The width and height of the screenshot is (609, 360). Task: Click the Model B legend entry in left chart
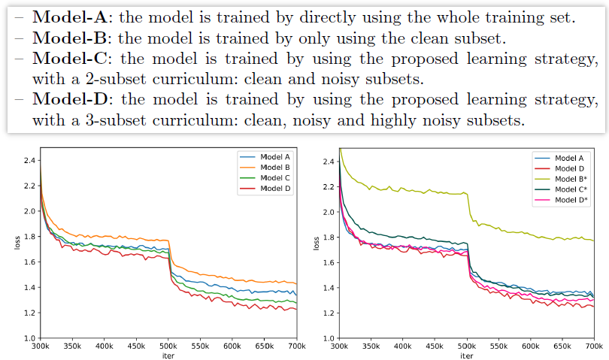(x=275, y=167)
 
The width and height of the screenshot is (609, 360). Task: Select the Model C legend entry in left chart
(x=275, y=177)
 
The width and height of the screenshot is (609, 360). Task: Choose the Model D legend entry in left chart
(x=275, y=188)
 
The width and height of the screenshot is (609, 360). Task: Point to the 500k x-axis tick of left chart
(x=168, y=347)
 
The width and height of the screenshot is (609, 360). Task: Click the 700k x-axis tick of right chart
(x=594, y=347)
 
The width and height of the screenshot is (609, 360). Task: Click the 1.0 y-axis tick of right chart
(x=328, y=338)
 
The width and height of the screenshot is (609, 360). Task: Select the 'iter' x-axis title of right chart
(x=466, y=355)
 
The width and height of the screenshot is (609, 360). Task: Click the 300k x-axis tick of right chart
(x=339, y=347)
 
